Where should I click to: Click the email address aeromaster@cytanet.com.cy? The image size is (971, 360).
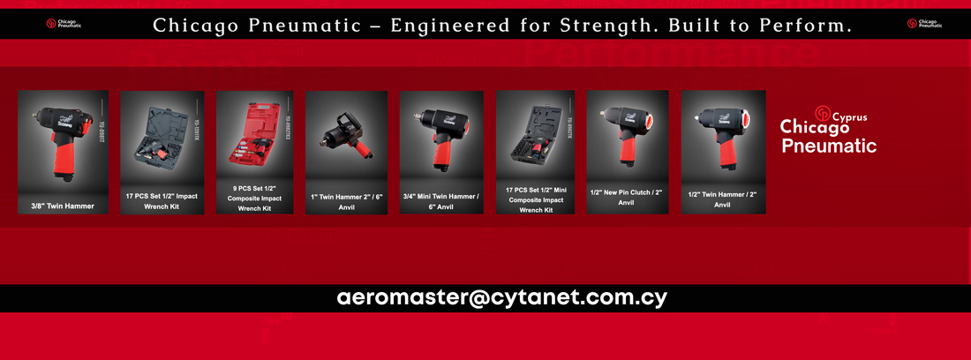tap(501, 298)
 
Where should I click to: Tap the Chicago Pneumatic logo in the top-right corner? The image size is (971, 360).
tap(924, 24)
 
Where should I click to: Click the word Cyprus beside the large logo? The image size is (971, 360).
tap(850, 116)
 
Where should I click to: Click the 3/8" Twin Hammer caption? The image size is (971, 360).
tap(63, 206)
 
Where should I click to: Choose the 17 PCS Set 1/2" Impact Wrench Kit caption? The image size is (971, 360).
tap(162, 200)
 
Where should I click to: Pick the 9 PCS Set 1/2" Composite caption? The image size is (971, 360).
tap(254, 198)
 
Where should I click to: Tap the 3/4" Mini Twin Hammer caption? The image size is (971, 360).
tap(440, 200)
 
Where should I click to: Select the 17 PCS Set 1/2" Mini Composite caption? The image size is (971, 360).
tap(535, 199)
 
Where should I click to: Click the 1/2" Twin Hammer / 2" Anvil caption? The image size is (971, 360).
tap(722, 199)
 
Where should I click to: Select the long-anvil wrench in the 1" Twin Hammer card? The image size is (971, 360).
tap(344, 132)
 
